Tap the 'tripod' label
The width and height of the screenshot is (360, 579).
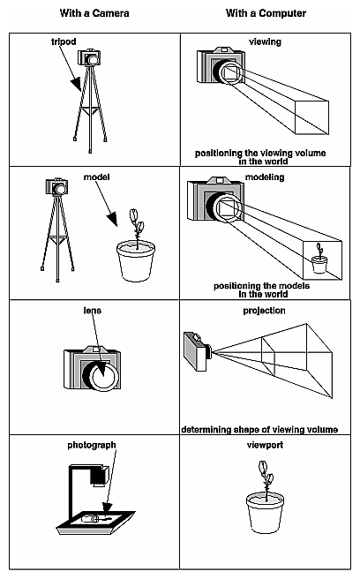pyautogui.click(x=64, y=41)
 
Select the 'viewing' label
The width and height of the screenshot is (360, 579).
pyautogui.click(x=264, y=41)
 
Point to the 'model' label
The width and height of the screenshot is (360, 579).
pyautogui.click(x=95, y=177)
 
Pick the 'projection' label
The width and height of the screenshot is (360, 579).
pyautogui.click(x=264, y=312)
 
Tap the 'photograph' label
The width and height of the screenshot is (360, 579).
pyautogui.click(x=92, y=445)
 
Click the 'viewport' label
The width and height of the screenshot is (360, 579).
pyautogui.click(x=264, y=446)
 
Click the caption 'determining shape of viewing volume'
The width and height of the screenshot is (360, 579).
pyautogui.click(x=260, y=429)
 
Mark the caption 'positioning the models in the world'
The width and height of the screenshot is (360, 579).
pyautogui.click(x=262, y=289)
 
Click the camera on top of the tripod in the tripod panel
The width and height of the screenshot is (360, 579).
pyautogui.click(x=90, y=58)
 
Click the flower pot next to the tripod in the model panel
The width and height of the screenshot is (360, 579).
pyautogui.click(x=135, y=261)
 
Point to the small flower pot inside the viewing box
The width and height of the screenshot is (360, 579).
pyautogui.click(x=319, y=263)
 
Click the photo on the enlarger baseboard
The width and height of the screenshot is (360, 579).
pyautogui.click(x=94, y=518)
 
